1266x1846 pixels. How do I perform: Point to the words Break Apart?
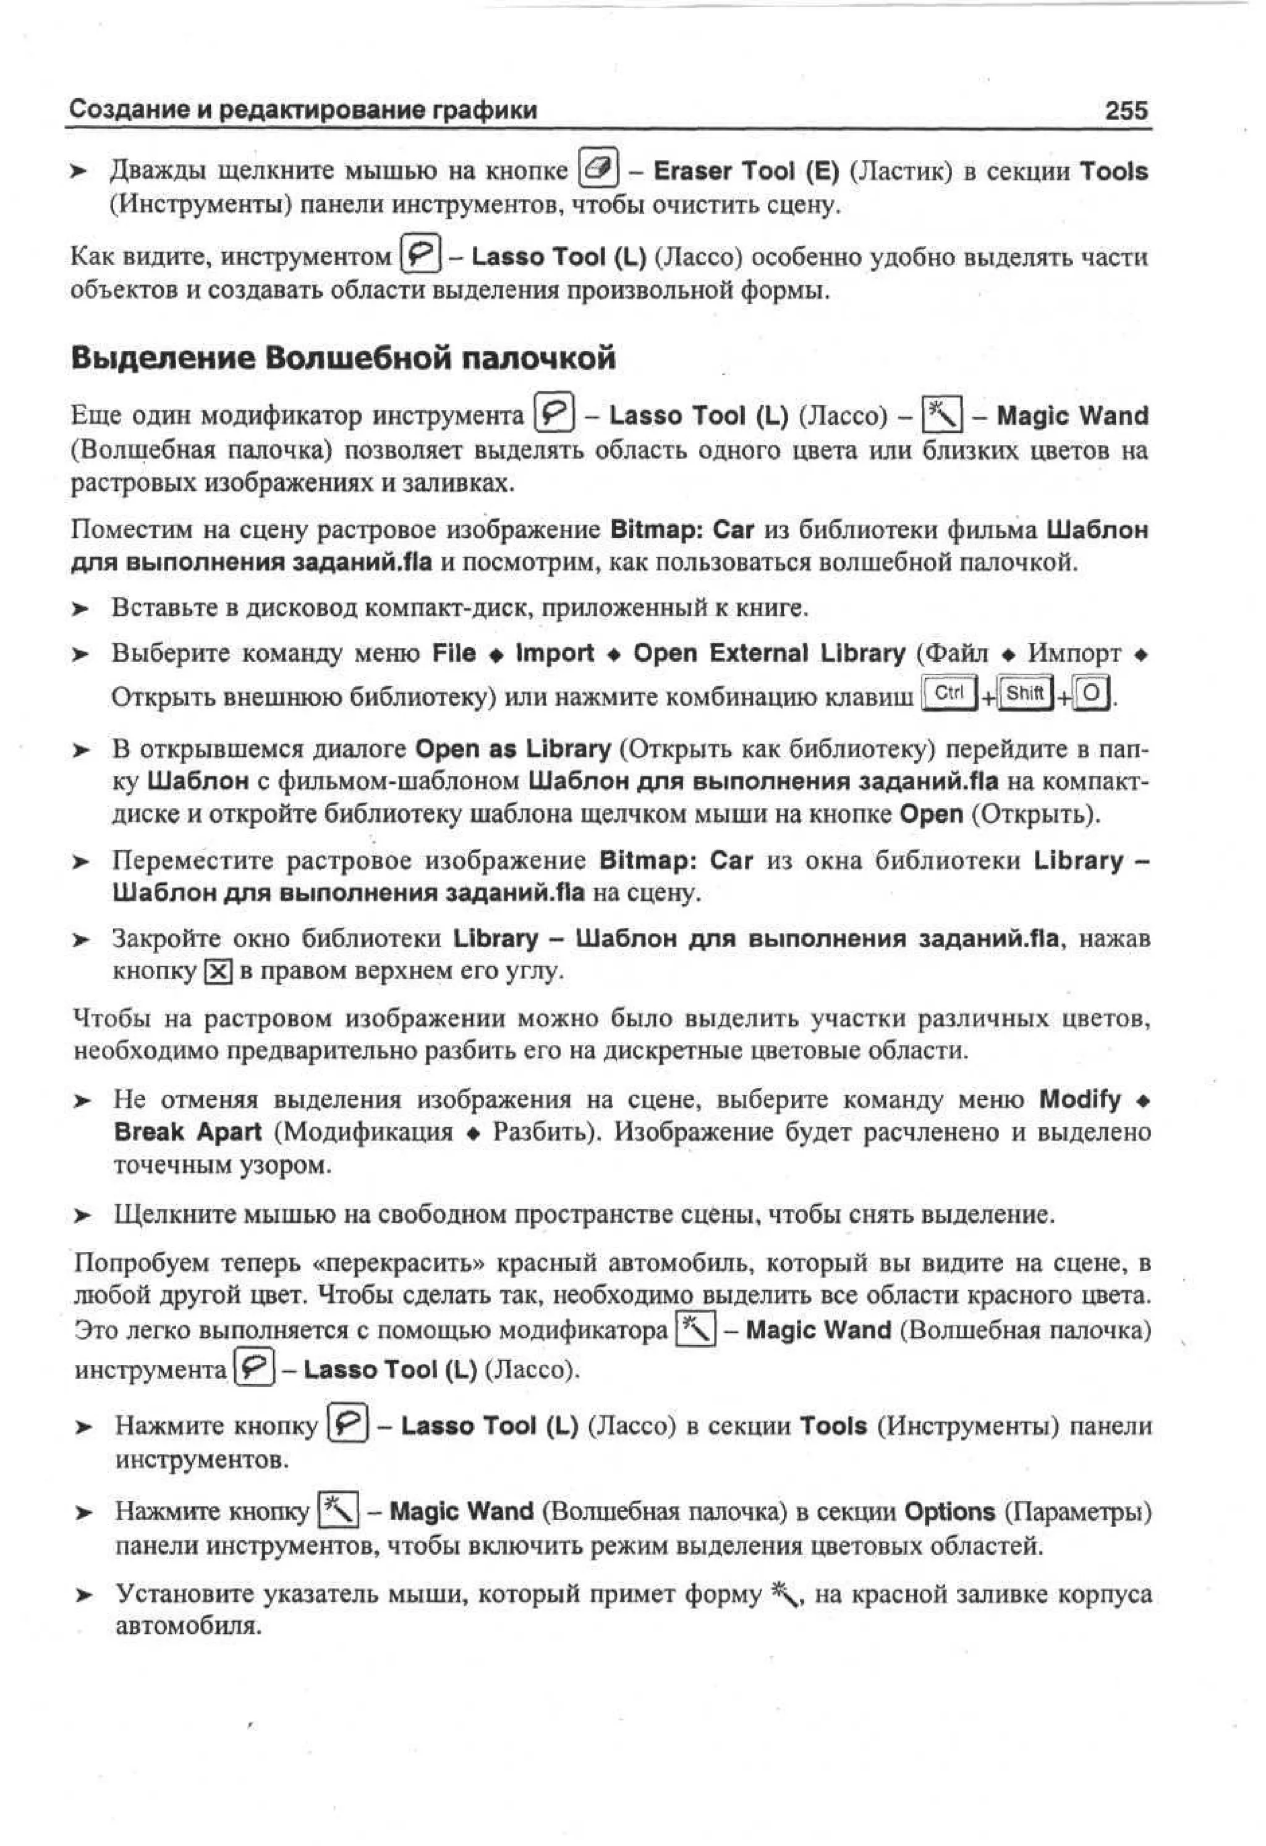(x=187, y=1132)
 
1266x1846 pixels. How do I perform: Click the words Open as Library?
(x=513, y=749)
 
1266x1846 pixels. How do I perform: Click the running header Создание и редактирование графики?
(x=304, y=109)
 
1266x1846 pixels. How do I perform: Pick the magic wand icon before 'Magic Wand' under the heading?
(x=942, y=415)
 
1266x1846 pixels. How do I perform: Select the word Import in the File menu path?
(x=554, y=653)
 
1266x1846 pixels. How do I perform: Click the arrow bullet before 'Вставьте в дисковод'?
(x=79, y=609)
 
